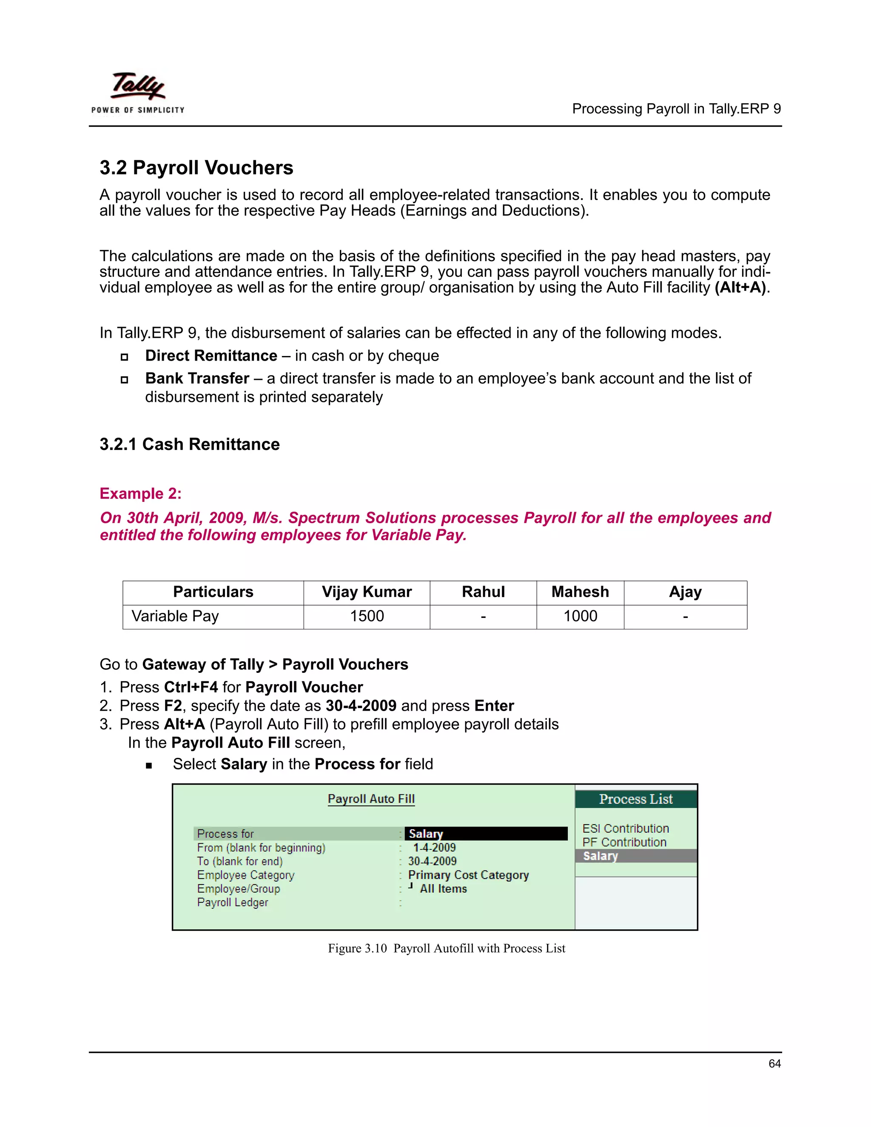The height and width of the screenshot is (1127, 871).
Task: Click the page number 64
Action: [774, 1064]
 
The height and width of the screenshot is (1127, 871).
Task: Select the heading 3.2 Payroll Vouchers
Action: [196, 168]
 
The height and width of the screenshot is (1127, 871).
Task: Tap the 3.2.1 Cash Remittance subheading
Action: [189, 444]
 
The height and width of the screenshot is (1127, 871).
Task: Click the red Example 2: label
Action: [140, 494]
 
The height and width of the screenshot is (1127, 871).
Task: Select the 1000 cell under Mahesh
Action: [580, 616]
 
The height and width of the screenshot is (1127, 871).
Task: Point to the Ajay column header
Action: [685, 592]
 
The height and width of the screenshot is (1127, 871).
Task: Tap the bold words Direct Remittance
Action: [211, 356]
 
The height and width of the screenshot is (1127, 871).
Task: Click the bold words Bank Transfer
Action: [197, 378]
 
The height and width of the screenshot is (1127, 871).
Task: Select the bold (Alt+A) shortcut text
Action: [740, 287]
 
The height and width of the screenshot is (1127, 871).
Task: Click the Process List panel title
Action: [636, 800]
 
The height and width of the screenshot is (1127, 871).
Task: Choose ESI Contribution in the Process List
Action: [625, 829]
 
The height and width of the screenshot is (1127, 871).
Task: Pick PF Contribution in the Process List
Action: [624, 842]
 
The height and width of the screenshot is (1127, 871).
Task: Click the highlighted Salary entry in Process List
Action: [600, 856]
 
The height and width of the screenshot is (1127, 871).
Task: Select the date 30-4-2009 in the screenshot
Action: [432, 861]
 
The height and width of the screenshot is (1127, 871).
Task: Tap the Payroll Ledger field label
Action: [232, 902]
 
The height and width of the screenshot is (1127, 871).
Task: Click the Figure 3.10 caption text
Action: [446, 948]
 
